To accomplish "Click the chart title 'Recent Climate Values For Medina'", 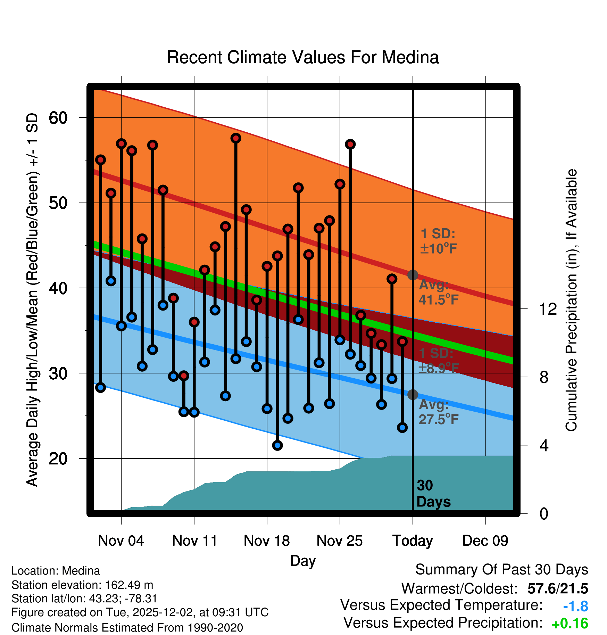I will pos(303,57).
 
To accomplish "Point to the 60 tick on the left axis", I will pos(58,118).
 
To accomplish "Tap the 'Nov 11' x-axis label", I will pos(194,541).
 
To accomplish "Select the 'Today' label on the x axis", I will pos(413,541).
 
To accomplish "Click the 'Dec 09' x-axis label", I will pos(485,541).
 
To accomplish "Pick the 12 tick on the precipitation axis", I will pos(548,309).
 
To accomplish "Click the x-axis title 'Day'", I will pos(303,561).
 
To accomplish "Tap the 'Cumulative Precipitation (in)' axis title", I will pos(571,300).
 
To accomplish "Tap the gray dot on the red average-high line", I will pos(413,275).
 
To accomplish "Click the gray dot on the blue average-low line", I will pos(413,395).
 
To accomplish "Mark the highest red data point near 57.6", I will pos(236,138).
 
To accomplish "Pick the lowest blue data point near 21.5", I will pos(277,445).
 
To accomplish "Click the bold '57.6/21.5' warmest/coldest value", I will pos(557,589).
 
